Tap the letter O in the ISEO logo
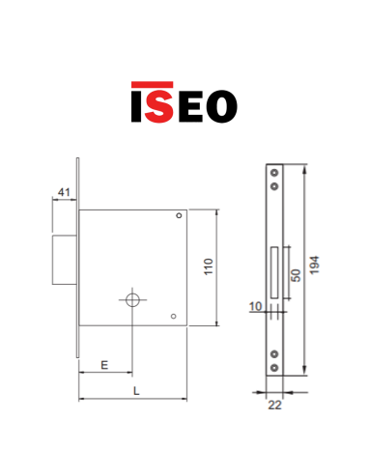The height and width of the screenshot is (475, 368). (221, 106)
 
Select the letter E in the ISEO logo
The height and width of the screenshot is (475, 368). (190, 106)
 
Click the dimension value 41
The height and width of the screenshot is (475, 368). (64, 192)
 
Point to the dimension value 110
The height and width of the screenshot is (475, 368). (209, 266)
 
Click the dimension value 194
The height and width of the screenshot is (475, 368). (314, 265)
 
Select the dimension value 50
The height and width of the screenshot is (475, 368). (296, 275)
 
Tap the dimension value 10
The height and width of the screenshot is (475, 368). (256, 306)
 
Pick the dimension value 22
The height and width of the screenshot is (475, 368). (274, 405)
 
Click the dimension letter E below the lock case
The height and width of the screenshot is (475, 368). (104, 365)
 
